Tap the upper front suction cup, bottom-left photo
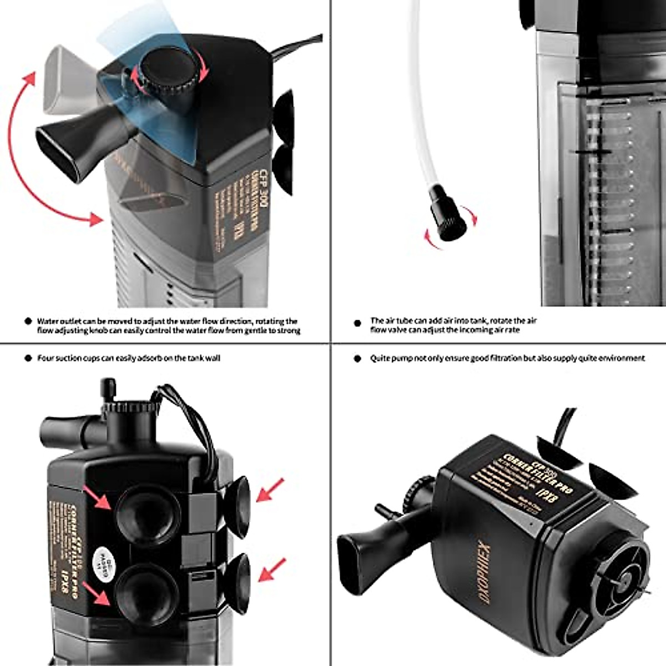[148, 516]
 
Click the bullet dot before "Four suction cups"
[27, 359]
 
